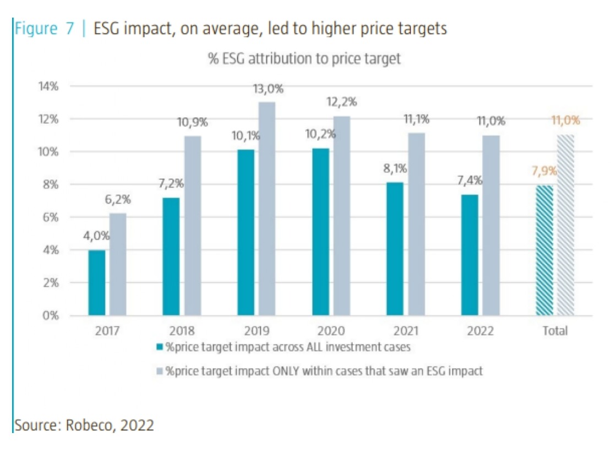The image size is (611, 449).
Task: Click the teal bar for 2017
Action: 97,283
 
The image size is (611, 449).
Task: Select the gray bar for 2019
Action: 267,209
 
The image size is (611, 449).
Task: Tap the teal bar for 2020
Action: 320,232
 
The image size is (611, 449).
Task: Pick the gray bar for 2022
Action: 491,226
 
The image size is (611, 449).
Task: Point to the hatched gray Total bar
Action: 565,226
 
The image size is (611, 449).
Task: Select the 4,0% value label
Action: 96,236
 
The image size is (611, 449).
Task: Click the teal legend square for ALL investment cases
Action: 160,347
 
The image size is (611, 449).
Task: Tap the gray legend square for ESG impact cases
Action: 160,371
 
